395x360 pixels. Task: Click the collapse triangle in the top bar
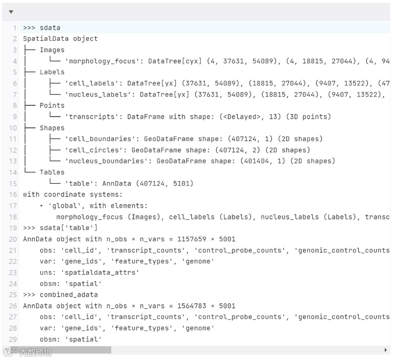tap(11, 12)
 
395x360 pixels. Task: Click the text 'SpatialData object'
tap(60, 39)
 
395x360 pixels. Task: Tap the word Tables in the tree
tap(52, 172)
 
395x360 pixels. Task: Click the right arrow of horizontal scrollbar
tap(385, 350)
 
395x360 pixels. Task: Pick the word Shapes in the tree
tap(52, 128)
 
